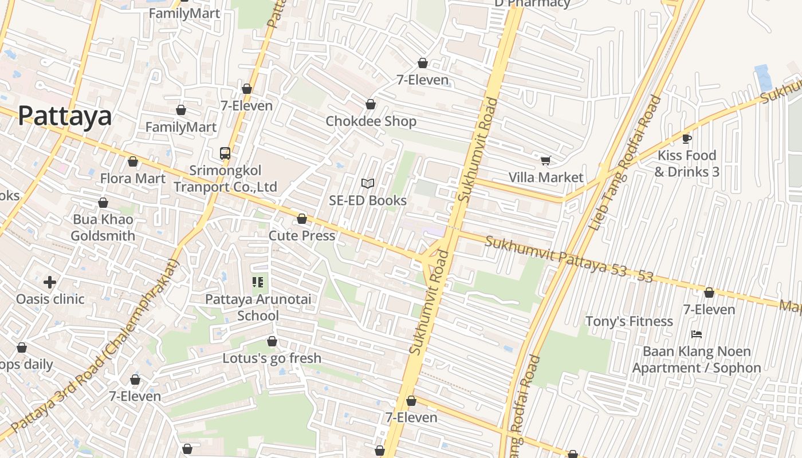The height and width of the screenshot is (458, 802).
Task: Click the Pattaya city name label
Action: coord(65,116)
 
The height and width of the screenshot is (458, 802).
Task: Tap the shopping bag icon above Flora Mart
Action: coord(133,162)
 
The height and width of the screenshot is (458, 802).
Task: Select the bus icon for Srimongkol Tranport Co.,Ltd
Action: coord(225,153)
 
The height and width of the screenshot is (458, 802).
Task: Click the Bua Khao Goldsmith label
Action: coord(103,228)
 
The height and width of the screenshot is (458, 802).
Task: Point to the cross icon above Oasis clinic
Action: coord(50,282)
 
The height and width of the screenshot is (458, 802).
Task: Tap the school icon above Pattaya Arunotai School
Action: coord(258,282)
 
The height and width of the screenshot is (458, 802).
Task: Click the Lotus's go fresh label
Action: coord(272,358)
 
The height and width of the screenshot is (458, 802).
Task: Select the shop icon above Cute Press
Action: coord(302,219)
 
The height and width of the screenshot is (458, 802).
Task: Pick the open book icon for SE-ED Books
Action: coord(368,184)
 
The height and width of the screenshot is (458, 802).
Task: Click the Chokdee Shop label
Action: coord(371,121)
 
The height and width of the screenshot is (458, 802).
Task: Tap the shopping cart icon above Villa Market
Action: coord(546,161)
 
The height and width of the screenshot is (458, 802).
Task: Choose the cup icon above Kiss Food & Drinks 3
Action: coord(687,139)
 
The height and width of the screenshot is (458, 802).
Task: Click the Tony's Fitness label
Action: coord(628,321)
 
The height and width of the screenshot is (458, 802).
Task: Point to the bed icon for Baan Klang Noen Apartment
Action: coord(697,334)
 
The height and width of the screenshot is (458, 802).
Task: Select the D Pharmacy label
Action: coord(532,3)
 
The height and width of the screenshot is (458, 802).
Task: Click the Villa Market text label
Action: coord(546,177)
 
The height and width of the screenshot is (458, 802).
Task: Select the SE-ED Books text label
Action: coord(368,200)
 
